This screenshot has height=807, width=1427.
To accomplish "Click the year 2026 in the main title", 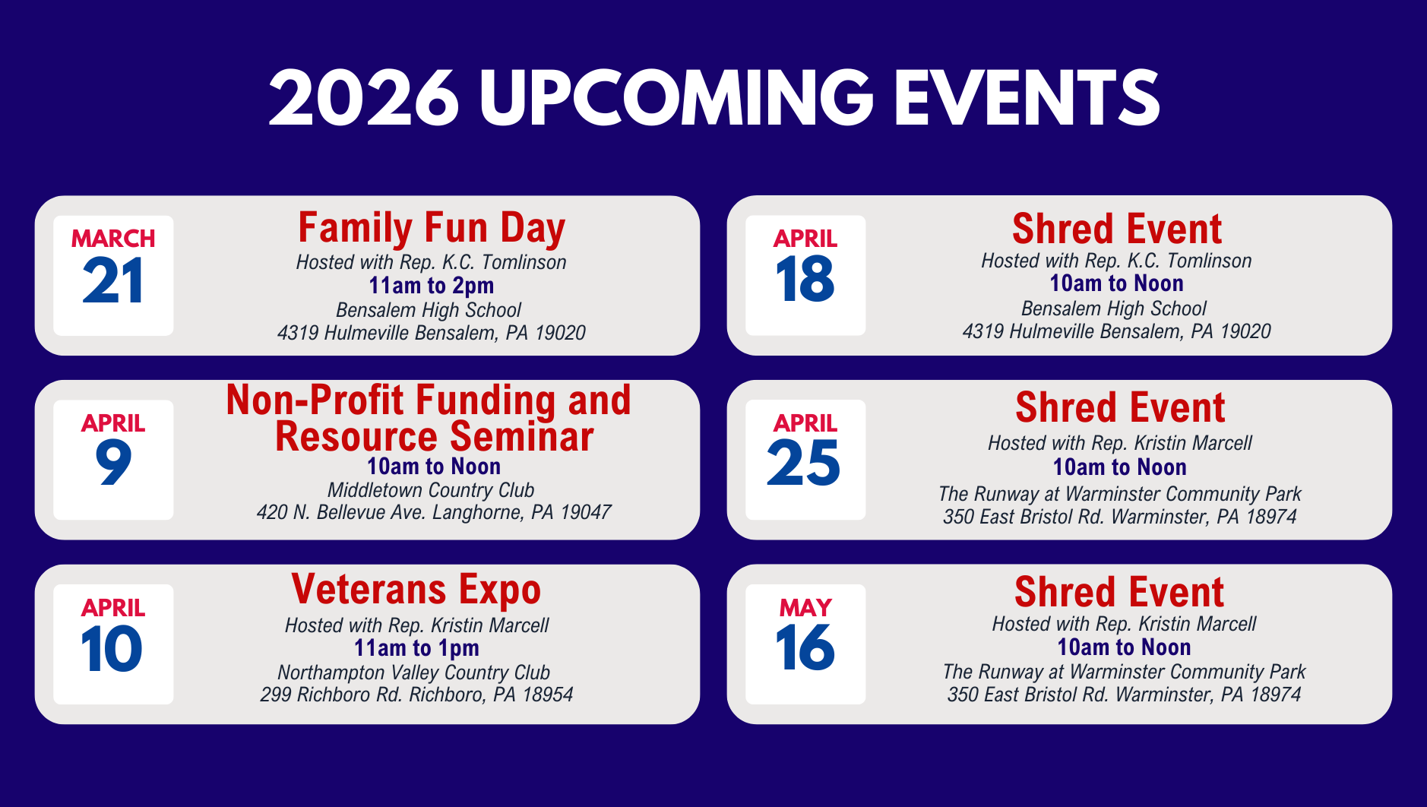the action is click(364, 98).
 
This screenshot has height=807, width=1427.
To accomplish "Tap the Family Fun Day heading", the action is click(432, 229).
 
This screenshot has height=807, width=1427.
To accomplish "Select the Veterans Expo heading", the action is click(416, 590).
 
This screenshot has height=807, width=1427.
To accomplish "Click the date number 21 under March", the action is click(113, 281).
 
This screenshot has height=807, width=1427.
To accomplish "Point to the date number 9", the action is click(113, 464).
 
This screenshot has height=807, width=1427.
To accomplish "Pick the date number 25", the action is click(804, 463).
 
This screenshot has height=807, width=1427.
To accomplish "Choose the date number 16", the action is click(805, 647).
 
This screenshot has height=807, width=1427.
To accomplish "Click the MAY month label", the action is click(805, 608).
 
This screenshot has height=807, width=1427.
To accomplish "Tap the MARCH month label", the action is click(113, 239).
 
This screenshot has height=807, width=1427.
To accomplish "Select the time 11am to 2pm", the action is click(432, 286).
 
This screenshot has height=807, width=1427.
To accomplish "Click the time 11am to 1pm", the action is click(416, 648).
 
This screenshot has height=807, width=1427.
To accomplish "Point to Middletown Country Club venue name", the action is click(431, 490).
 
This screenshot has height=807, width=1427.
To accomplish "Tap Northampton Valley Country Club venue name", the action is click(413, 672).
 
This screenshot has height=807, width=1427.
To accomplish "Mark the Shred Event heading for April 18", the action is click(1117, 229).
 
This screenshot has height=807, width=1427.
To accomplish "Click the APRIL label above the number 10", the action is click(113, 608).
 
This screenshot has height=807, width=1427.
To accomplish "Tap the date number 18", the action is click(805, 279).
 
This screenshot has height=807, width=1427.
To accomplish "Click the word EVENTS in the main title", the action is click(1027, 98).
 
